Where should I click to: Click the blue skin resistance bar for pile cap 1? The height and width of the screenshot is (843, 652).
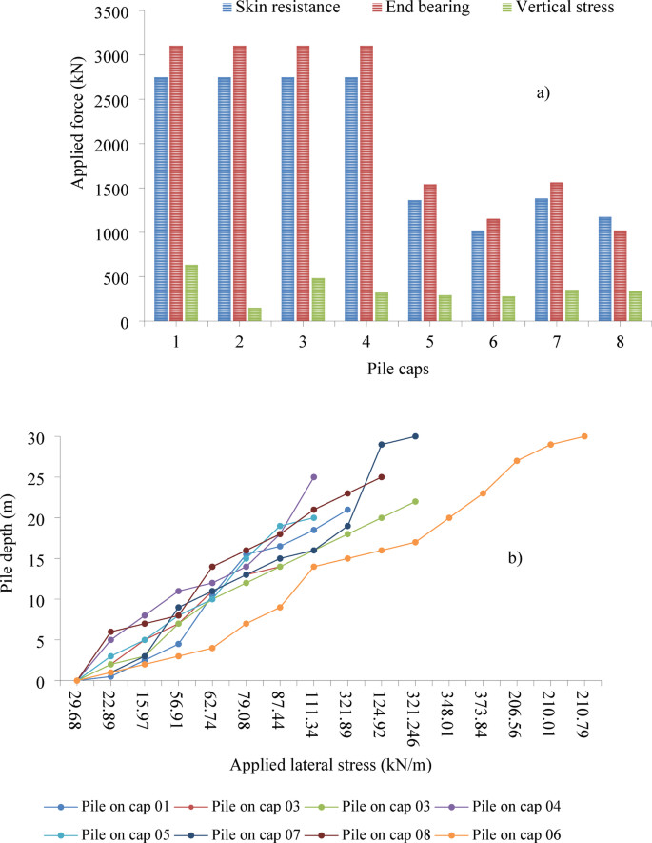(161, 199)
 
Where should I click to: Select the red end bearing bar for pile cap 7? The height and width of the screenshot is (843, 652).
(557, 251)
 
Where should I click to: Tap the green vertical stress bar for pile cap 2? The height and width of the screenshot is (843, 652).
(255, 314)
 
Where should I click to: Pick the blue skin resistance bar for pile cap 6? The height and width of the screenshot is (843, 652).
(478, 276)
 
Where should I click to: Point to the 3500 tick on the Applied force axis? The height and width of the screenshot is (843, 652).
(117, 12)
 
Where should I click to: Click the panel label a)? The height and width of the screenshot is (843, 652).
(543, 93)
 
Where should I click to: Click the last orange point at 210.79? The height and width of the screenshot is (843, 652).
(584, 436)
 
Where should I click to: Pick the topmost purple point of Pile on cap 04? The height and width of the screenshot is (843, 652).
(314, 477)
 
